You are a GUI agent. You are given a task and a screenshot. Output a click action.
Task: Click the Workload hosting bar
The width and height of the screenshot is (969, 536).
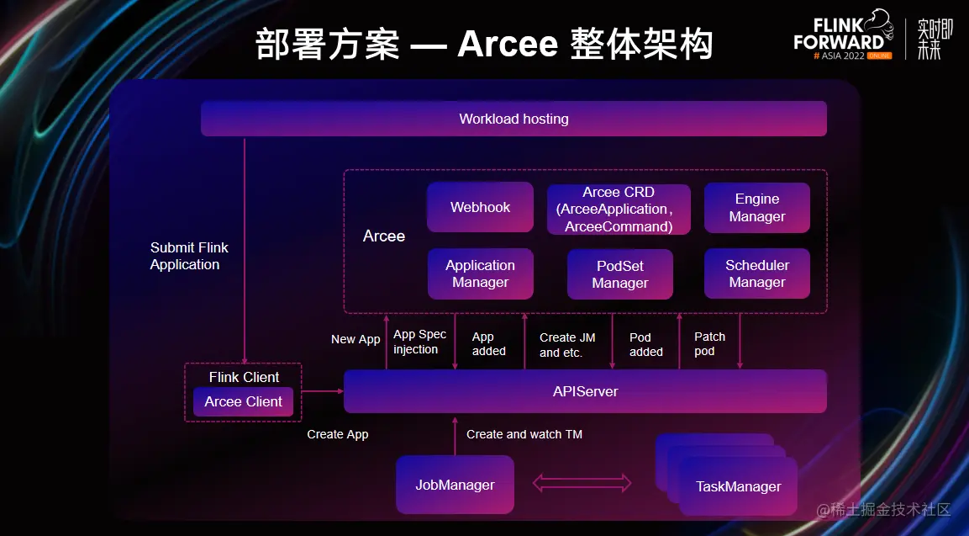pyautogui.click(x=513, y=119)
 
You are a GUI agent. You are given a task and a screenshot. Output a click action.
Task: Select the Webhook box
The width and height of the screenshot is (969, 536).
pyautogui.click(x=480, y=207)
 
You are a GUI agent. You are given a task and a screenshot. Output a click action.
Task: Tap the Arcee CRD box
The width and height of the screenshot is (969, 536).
pyautogui.click(x=619, y=210)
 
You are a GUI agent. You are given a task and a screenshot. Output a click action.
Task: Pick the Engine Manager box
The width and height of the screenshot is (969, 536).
pyautogui.click(x=756, y=208)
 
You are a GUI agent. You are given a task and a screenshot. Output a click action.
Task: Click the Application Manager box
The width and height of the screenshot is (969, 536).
pyautogui.click(x=480, y=273)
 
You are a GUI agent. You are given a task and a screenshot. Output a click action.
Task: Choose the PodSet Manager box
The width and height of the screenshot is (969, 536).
pyautogui.click(x=619, y=274)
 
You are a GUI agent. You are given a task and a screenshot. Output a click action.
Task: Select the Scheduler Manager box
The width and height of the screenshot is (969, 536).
pyautogui.click(x=756, y=273)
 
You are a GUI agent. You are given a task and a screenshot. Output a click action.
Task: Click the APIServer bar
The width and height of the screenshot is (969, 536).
pyautogui.click(x=585, y=391)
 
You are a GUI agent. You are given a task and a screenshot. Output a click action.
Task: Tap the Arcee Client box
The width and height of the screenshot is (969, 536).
pyautogui.click(x=243, y=401)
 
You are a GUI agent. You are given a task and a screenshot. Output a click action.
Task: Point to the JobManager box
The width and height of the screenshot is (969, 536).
pyautogui.click(x=455, y=485)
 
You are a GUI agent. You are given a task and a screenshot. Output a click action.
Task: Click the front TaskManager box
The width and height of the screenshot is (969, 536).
pyautogui.click(x=738, y=486)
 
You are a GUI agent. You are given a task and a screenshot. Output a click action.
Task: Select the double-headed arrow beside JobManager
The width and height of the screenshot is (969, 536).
pyautogui.click(x=582, y=483)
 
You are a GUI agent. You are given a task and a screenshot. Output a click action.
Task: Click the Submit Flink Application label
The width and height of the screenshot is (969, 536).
pyautogui.click(x=188, y=256)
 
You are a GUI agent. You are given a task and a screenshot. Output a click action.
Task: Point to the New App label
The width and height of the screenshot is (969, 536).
pyautogui.click(x=355, y=339)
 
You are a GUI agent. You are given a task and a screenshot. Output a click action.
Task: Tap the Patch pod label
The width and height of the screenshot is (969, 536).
pyautogui.click(x=709, y=343)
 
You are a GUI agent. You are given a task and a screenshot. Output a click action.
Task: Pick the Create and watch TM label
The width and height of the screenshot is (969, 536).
pyautogui.click(x=524, y=434)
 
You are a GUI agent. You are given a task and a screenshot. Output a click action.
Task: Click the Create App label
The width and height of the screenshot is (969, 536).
pyautogui.click(x=337, y=434)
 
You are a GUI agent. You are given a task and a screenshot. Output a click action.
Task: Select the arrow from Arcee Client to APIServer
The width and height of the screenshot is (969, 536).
pyautogui.click(x=323, y=391)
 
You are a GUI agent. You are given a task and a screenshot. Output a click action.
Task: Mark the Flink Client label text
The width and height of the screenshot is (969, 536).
pyautogui.click(x=244, y=377)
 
